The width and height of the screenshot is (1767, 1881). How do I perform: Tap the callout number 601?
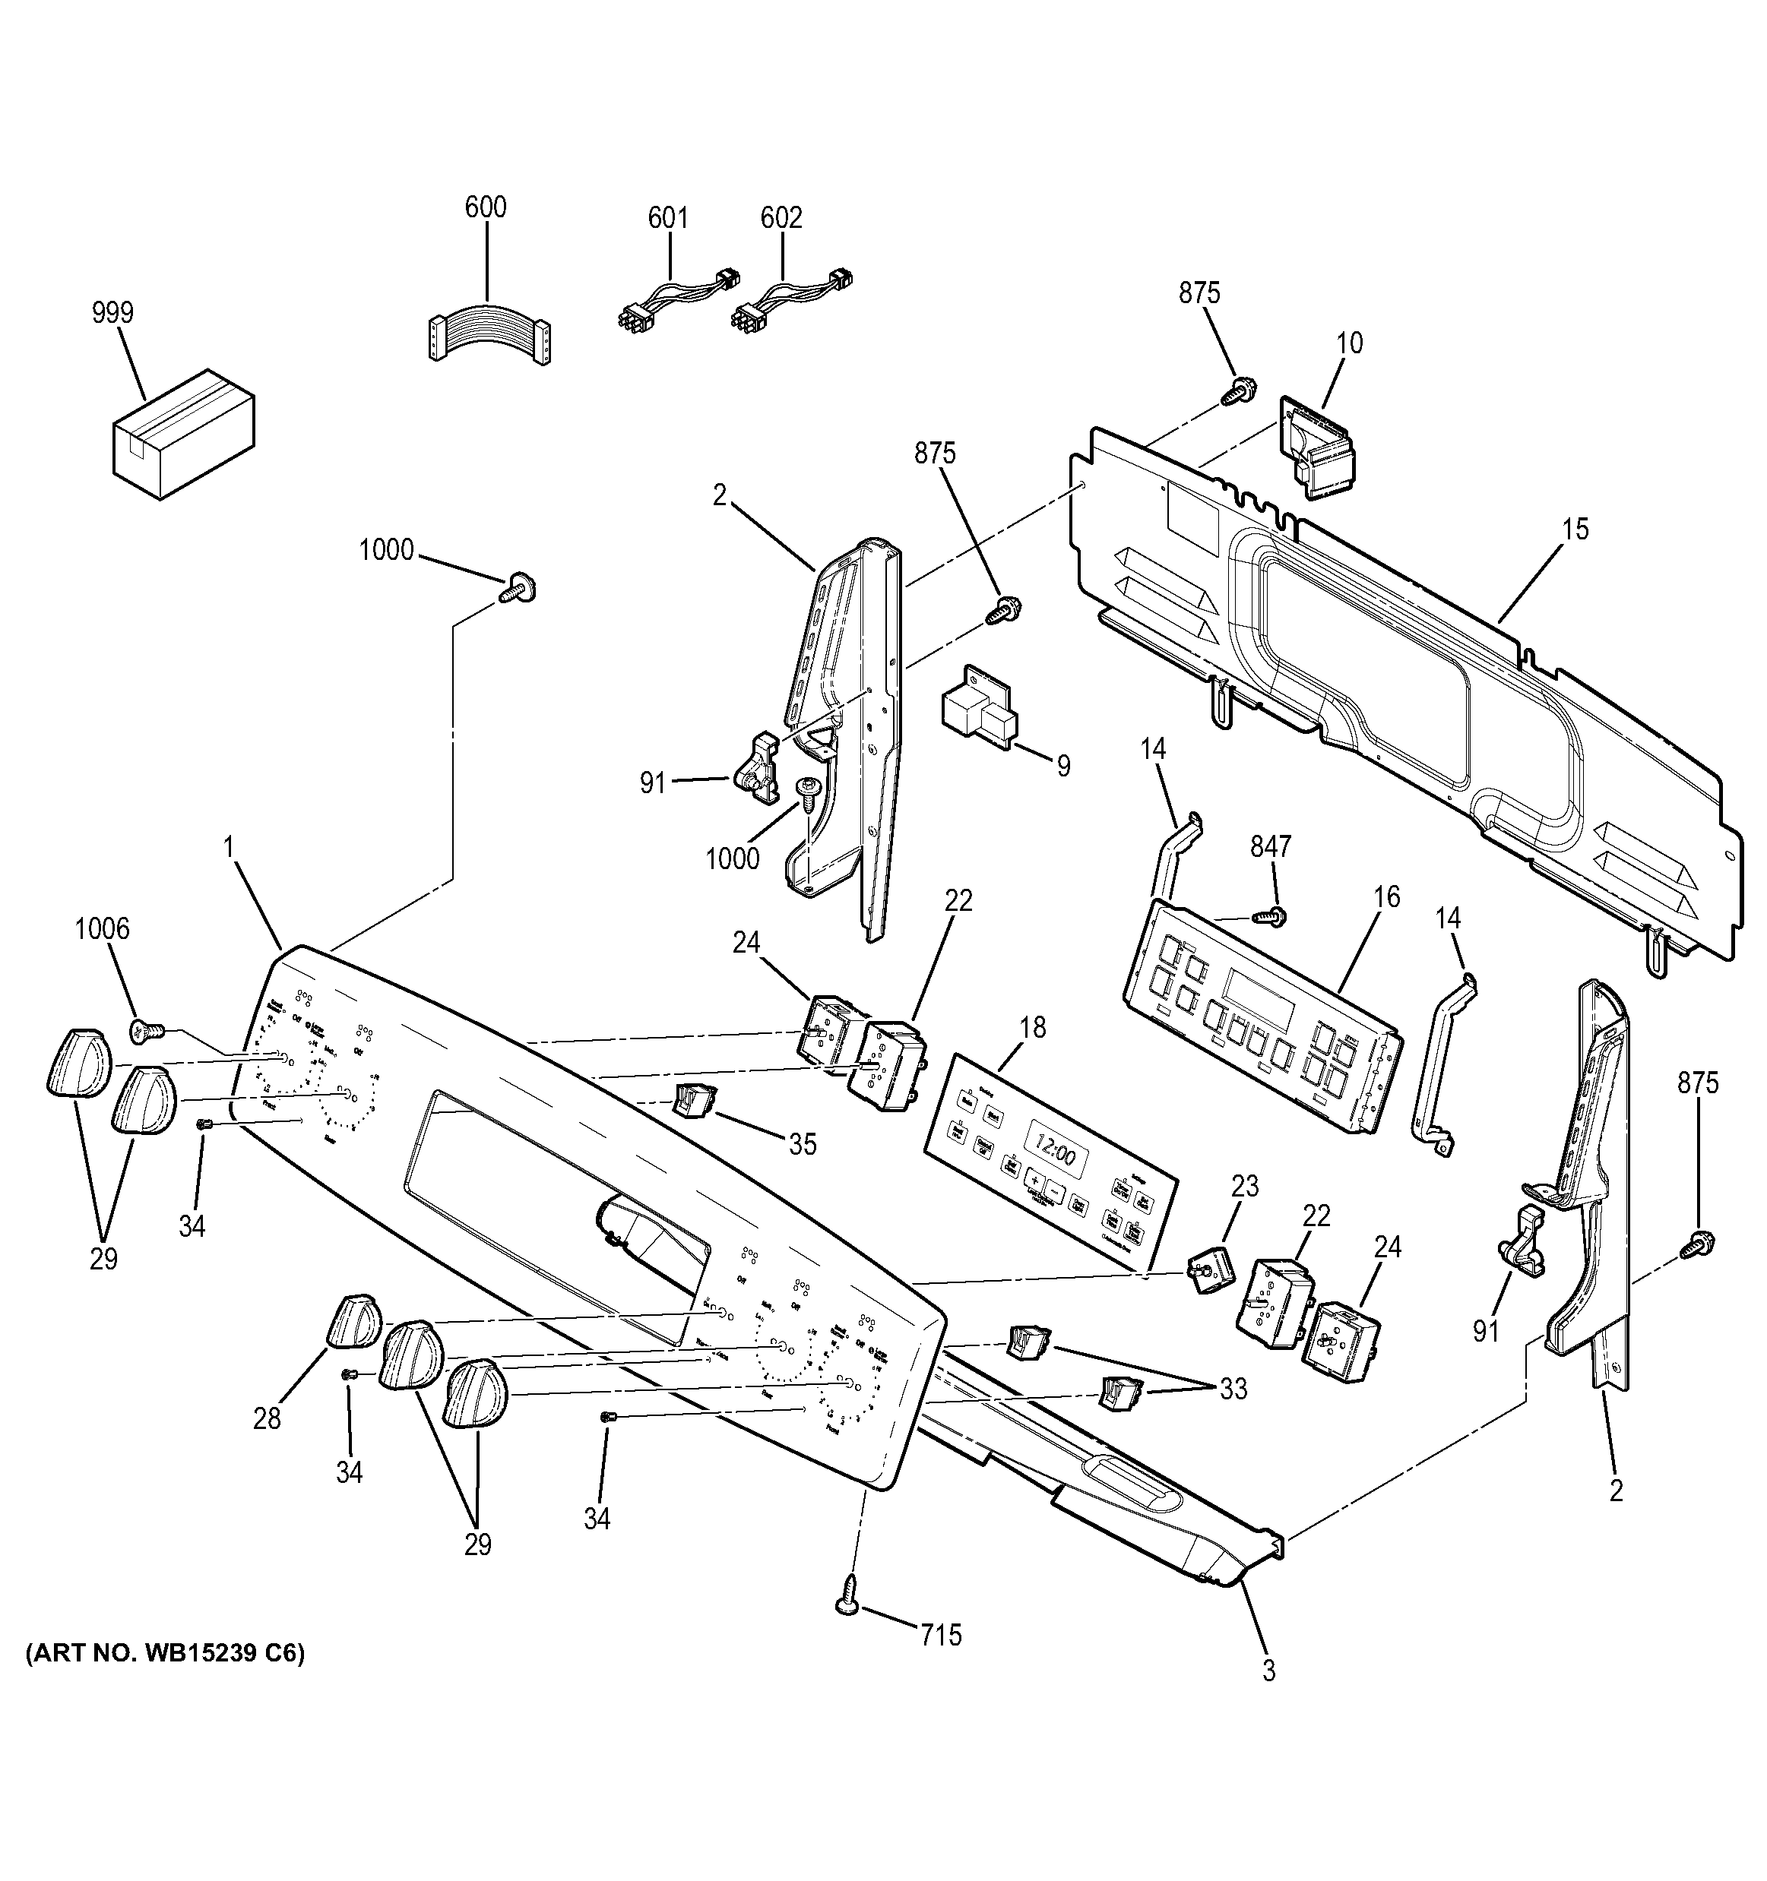[x=667, y=219]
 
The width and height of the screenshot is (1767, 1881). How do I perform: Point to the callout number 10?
[x=1350, y=343]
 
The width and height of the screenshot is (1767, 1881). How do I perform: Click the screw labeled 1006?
[x=147, y=1030]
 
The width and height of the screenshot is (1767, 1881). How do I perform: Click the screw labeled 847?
[x=1269, y=915]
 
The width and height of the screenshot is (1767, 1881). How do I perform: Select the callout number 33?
[x=1233, y=1389]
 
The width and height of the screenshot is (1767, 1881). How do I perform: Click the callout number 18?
[x=1033, y=1026]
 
